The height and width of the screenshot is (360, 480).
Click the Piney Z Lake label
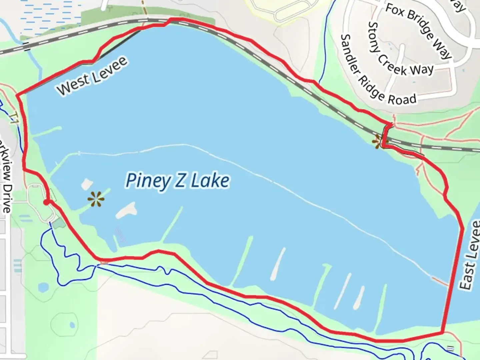(177, 181)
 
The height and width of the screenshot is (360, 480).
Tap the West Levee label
(92, 76)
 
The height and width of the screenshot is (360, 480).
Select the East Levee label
(471, 255)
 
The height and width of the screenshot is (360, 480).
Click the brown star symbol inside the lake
(96, 200)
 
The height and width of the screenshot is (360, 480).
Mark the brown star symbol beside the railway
(378, 142)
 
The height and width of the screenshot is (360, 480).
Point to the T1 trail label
(13, 118)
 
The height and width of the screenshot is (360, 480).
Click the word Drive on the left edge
(7, 198)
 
